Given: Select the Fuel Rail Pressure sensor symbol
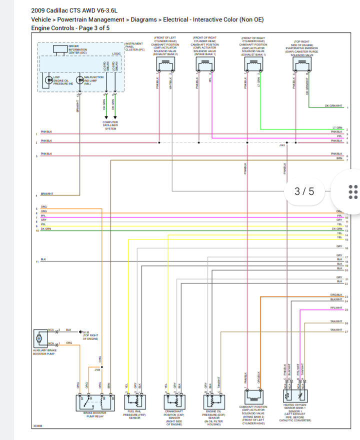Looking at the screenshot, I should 133,401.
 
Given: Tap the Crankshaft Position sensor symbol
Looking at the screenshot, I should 174,401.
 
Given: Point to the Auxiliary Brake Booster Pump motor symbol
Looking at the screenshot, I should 39,338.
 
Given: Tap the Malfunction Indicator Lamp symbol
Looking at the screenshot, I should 79,80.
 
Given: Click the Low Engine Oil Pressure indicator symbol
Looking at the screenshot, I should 49,80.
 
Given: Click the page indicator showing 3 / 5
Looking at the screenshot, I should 304,191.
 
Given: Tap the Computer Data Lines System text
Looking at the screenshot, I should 110,125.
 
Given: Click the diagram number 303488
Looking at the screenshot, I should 38,426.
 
